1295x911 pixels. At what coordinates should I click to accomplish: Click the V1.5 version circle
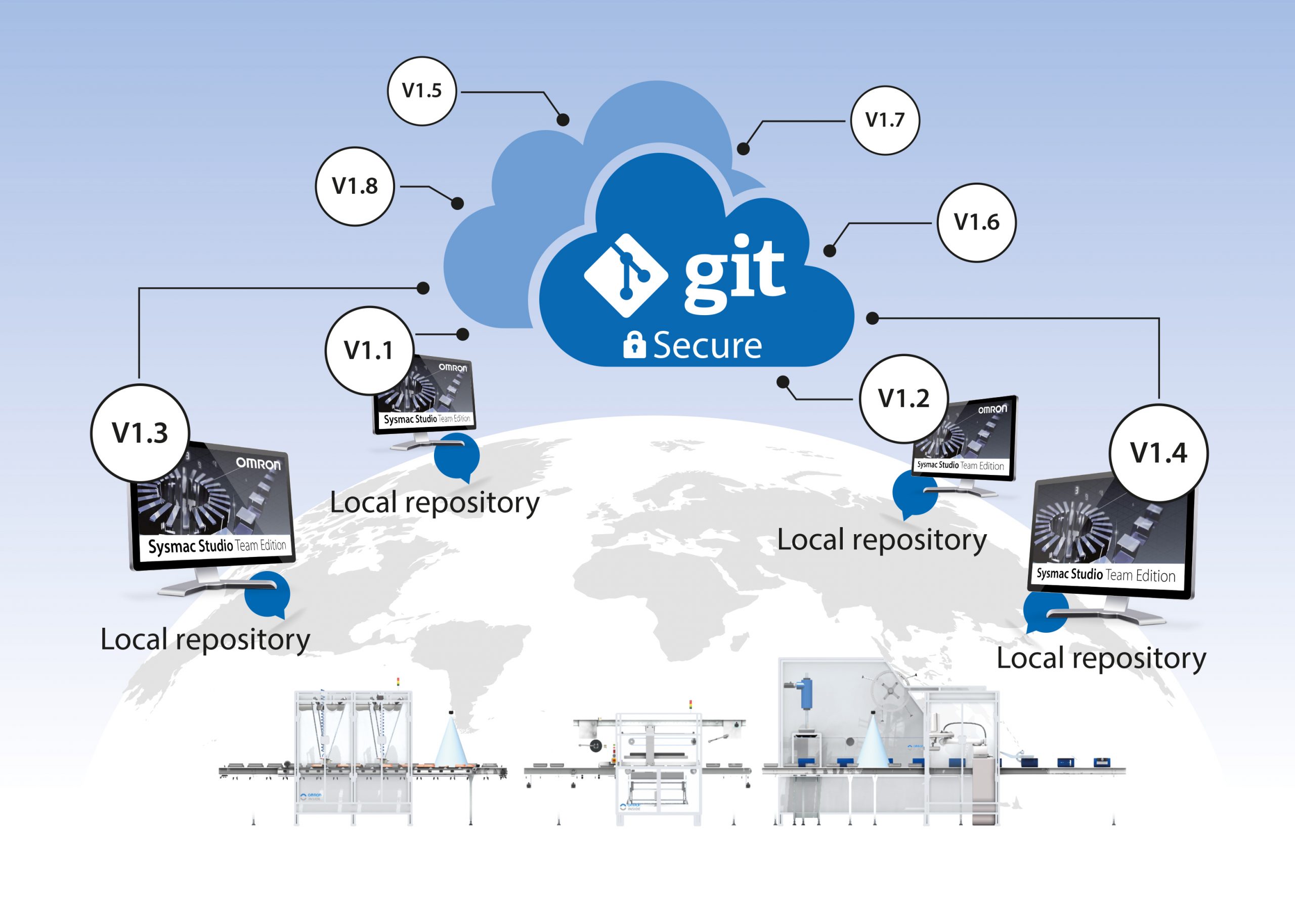pos(422,91)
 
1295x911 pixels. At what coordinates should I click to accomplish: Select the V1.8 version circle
pos(355,186)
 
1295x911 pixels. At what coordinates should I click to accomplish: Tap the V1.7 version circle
pos(885,120)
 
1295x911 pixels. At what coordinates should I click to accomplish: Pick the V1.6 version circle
pos(976,222)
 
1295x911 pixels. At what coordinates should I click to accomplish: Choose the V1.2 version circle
pos(903,399)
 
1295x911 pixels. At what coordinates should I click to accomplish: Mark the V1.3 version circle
pos(140,433)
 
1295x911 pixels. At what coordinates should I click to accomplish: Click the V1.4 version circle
pos(1158,453)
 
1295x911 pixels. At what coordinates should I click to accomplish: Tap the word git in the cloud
pos(735,274)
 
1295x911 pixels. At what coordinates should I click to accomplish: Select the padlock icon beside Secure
pos(634,344)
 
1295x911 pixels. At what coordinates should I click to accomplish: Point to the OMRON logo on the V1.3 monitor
pos(258,464)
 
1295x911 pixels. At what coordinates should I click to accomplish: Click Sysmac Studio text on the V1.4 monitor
pos(1069,574)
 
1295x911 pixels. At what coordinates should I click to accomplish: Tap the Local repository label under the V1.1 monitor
pos(435,502)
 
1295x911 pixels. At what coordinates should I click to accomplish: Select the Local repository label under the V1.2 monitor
pos(882,540)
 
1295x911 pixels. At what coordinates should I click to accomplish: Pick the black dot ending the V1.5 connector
pos(563,119)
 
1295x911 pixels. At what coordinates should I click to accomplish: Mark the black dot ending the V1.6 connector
pos(830,250)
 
